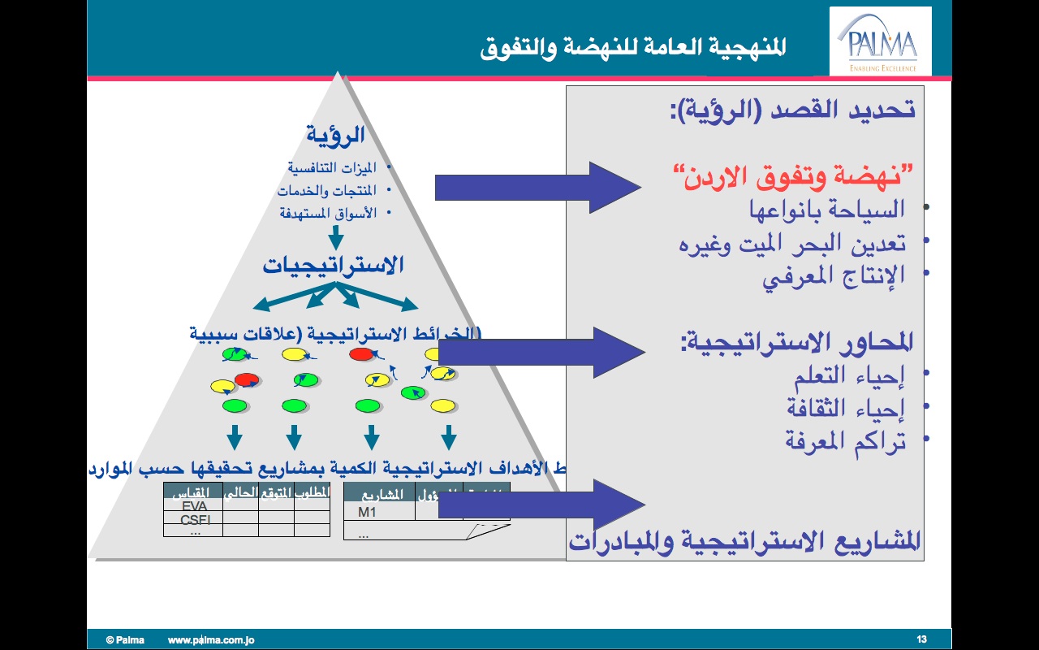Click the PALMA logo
point(881,41)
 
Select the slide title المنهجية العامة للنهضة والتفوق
point(633,46)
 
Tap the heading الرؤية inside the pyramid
point(335,134)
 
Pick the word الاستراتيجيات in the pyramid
point(333,265)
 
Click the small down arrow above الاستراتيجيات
point(335,237)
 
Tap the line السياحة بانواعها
point(826,210)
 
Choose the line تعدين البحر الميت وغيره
point(792,243)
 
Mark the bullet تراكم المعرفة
point(844,440)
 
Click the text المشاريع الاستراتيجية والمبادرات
point(746,540)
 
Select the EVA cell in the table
point(194,505)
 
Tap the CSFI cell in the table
point(195,520)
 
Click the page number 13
point(921,639)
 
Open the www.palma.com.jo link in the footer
point(211,640)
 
